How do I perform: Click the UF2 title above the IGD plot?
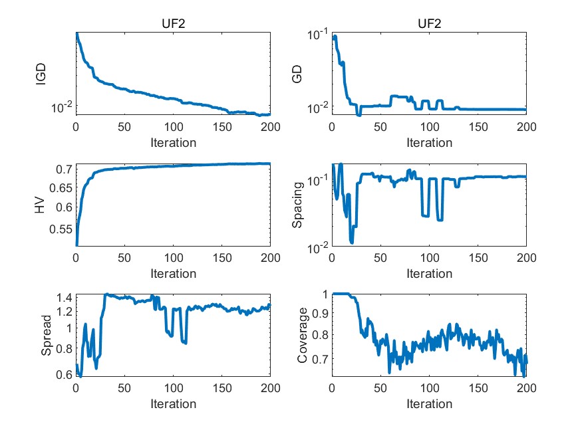point(173,24)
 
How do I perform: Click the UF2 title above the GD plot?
point(428,24)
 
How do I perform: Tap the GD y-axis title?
point(297,74)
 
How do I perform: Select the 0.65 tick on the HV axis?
point(60,188)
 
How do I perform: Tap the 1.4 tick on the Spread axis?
point(64,296)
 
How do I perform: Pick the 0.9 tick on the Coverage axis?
point(320,316)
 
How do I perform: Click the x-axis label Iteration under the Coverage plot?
point(428,403)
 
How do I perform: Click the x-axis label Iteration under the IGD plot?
point(173,142)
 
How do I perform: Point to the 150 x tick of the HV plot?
point(221,258)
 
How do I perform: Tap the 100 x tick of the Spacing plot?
point(428,258)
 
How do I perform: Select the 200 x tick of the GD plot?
point(526,127)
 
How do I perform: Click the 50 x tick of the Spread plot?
point(124,389)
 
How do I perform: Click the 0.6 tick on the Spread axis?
point(64,375)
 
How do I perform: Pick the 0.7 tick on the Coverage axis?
point(320,359)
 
